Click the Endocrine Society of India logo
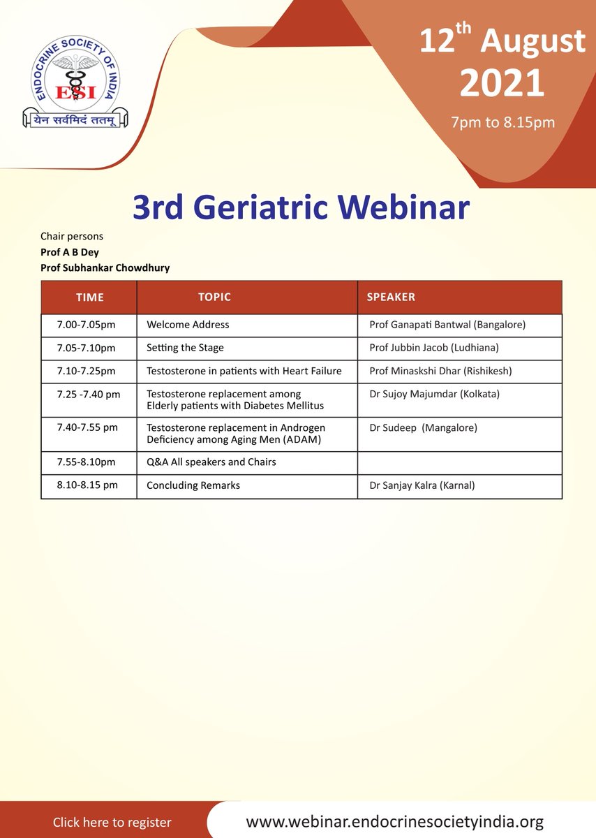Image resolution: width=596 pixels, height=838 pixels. (x=71, y=82)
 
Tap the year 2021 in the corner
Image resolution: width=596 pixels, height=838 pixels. (x=502, y=83)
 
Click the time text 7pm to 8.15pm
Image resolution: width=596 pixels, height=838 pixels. (x=502, y=123)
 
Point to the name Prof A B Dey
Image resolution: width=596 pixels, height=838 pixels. (x=70, y=253)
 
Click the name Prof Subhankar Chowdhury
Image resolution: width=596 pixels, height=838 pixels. (x=105, y=267)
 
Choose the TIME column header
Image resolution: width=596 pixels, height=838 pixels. (x=89, y=297)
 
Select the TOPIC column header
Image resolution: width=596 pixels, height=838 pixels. (x=214, y=297)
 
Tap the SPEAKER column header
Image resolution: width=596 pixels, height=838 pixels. (x=391, y=297)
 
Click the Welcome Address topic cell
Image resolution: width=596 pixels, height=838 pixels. (x=188, y=325)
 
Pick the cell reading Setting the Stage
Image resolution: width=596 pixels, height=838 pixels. (x=185, y=348)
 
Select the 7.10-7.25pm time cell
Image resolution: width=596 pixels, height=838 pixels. (x=87, y=371)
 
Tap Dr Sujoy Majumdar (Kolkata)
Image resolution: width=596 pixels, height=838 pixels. (x=434, y=394)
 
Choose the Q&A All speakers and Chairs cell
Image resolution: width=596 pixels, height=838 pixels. (x=211, y=462)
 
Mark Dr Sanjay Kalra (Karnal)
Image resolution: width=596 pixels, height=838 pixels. (x=422, y=485)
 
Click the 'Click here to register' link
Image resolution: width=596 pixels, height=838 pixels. (x=112, y=822)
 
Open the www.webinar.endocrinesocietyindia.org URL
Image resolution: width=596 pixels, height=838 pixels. (x=394, y=821)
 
